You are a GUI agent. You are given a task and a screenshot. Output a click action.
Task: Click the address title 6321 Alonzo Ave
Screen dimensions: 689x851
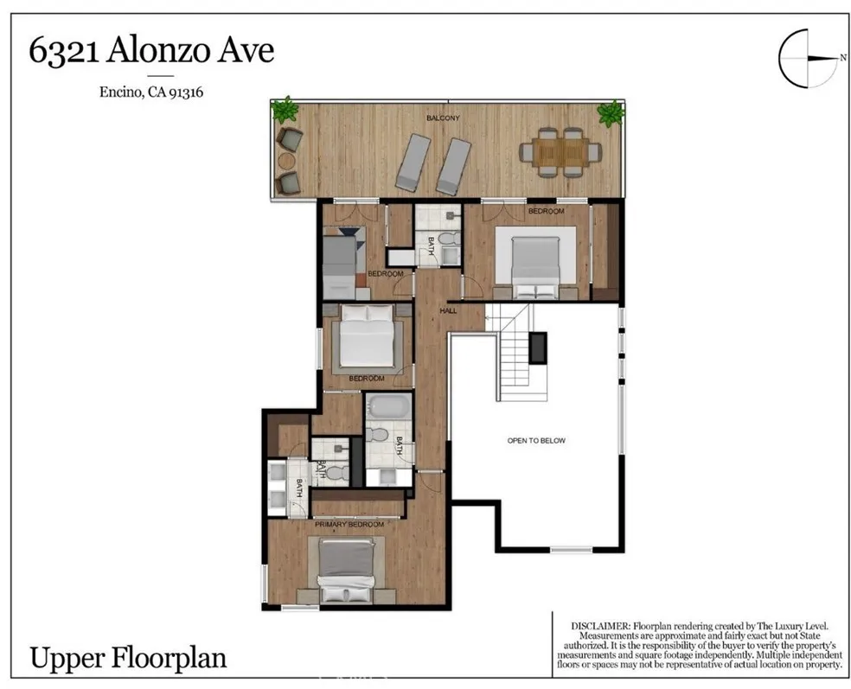[x=151, y=51]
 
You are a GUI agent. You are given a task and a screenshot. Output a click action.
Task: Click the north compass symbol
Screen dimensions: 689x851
[x=809, y=59]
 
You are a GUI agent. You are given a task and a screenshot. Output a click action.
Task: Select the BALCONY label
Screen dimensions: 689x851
[x=442, y=118]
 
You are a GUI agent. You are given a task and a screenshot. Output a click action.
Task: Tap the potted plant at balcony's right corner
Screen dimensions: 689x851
[x=611, y=112]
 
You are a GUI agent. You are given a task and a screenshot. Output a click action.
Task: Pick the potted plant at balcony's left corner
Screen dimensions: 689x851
[x=284, y=111]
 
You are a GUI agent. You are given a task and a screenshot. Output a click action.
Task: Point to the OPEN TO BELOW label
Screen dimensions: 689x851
[x=535, y=441]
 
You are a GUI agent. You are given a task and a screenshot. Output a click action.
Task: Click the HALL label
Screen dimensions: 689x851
[x=448, y=309]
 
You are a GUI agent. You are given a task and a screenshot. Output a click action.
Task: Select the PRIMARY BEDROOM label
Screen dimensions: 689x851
[x=349, y=525]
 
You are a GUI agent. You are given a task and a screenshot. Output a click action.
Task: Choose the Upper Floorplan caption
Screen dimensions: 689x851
[x=128, y=658]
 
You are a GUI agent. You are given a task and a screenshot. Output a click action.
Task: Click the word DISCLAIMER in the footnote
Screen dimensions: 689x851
[x=599, y=626]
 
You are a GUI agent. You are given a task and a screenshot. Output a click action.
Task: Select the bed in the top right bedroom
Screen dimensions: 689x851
[x=536, y=262]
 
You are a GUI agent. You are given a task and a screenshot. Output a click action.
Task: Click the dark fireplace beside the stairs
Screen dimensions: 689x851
[x=538, y=347]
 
